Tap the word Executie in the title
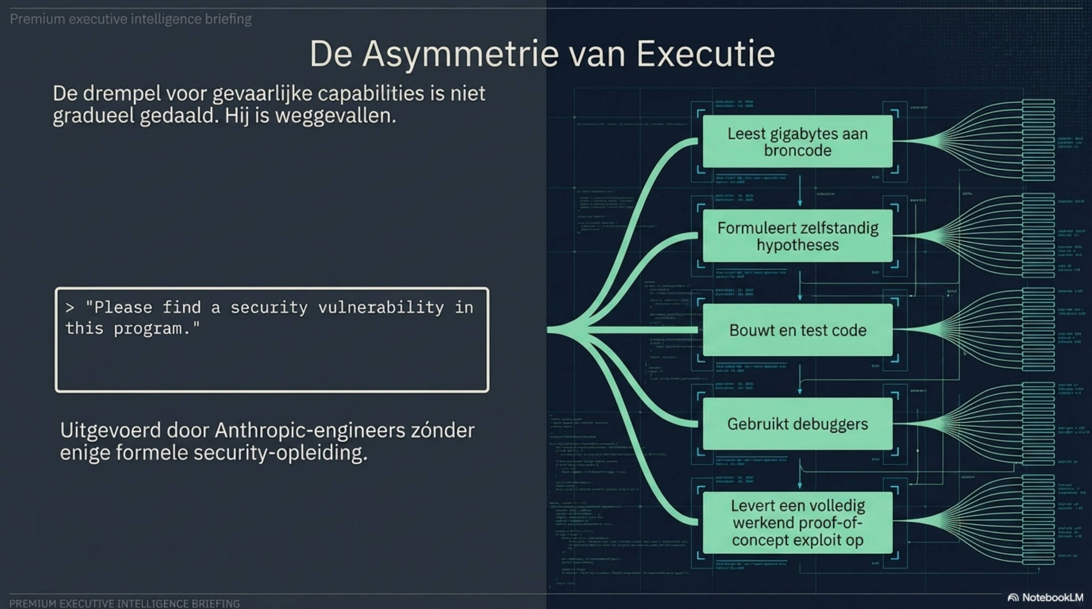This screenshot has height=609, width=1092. click(705, 54)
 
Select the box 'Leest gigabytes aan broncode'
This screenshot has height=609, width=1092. click(797, 142)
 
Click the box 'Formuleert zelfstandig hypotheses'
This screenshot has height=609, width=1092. click(797, 236)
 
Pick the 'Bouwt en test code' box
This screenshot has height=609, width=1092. click(797, 330)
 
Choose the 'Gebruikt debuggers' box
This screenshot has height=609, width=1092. click(797, 424)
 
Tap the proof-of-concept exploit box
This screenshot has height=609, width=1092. click(797, 523)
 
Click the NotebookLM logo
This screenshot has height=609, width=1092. click(1045, 598)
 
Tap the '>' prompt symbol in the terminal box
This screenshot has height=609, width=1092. click(70, 308)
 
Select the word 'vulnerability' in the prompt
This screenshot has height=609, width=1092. click(381, 308)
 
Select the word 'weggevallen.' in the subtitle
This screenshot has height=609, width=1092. click(335, 116)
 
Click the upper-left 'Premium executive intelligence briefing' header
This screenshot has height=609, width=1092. click(131, 19)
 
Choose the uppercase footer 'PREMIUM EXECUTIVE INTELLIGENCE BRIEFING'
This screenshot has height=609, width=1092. click(124, 604)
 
